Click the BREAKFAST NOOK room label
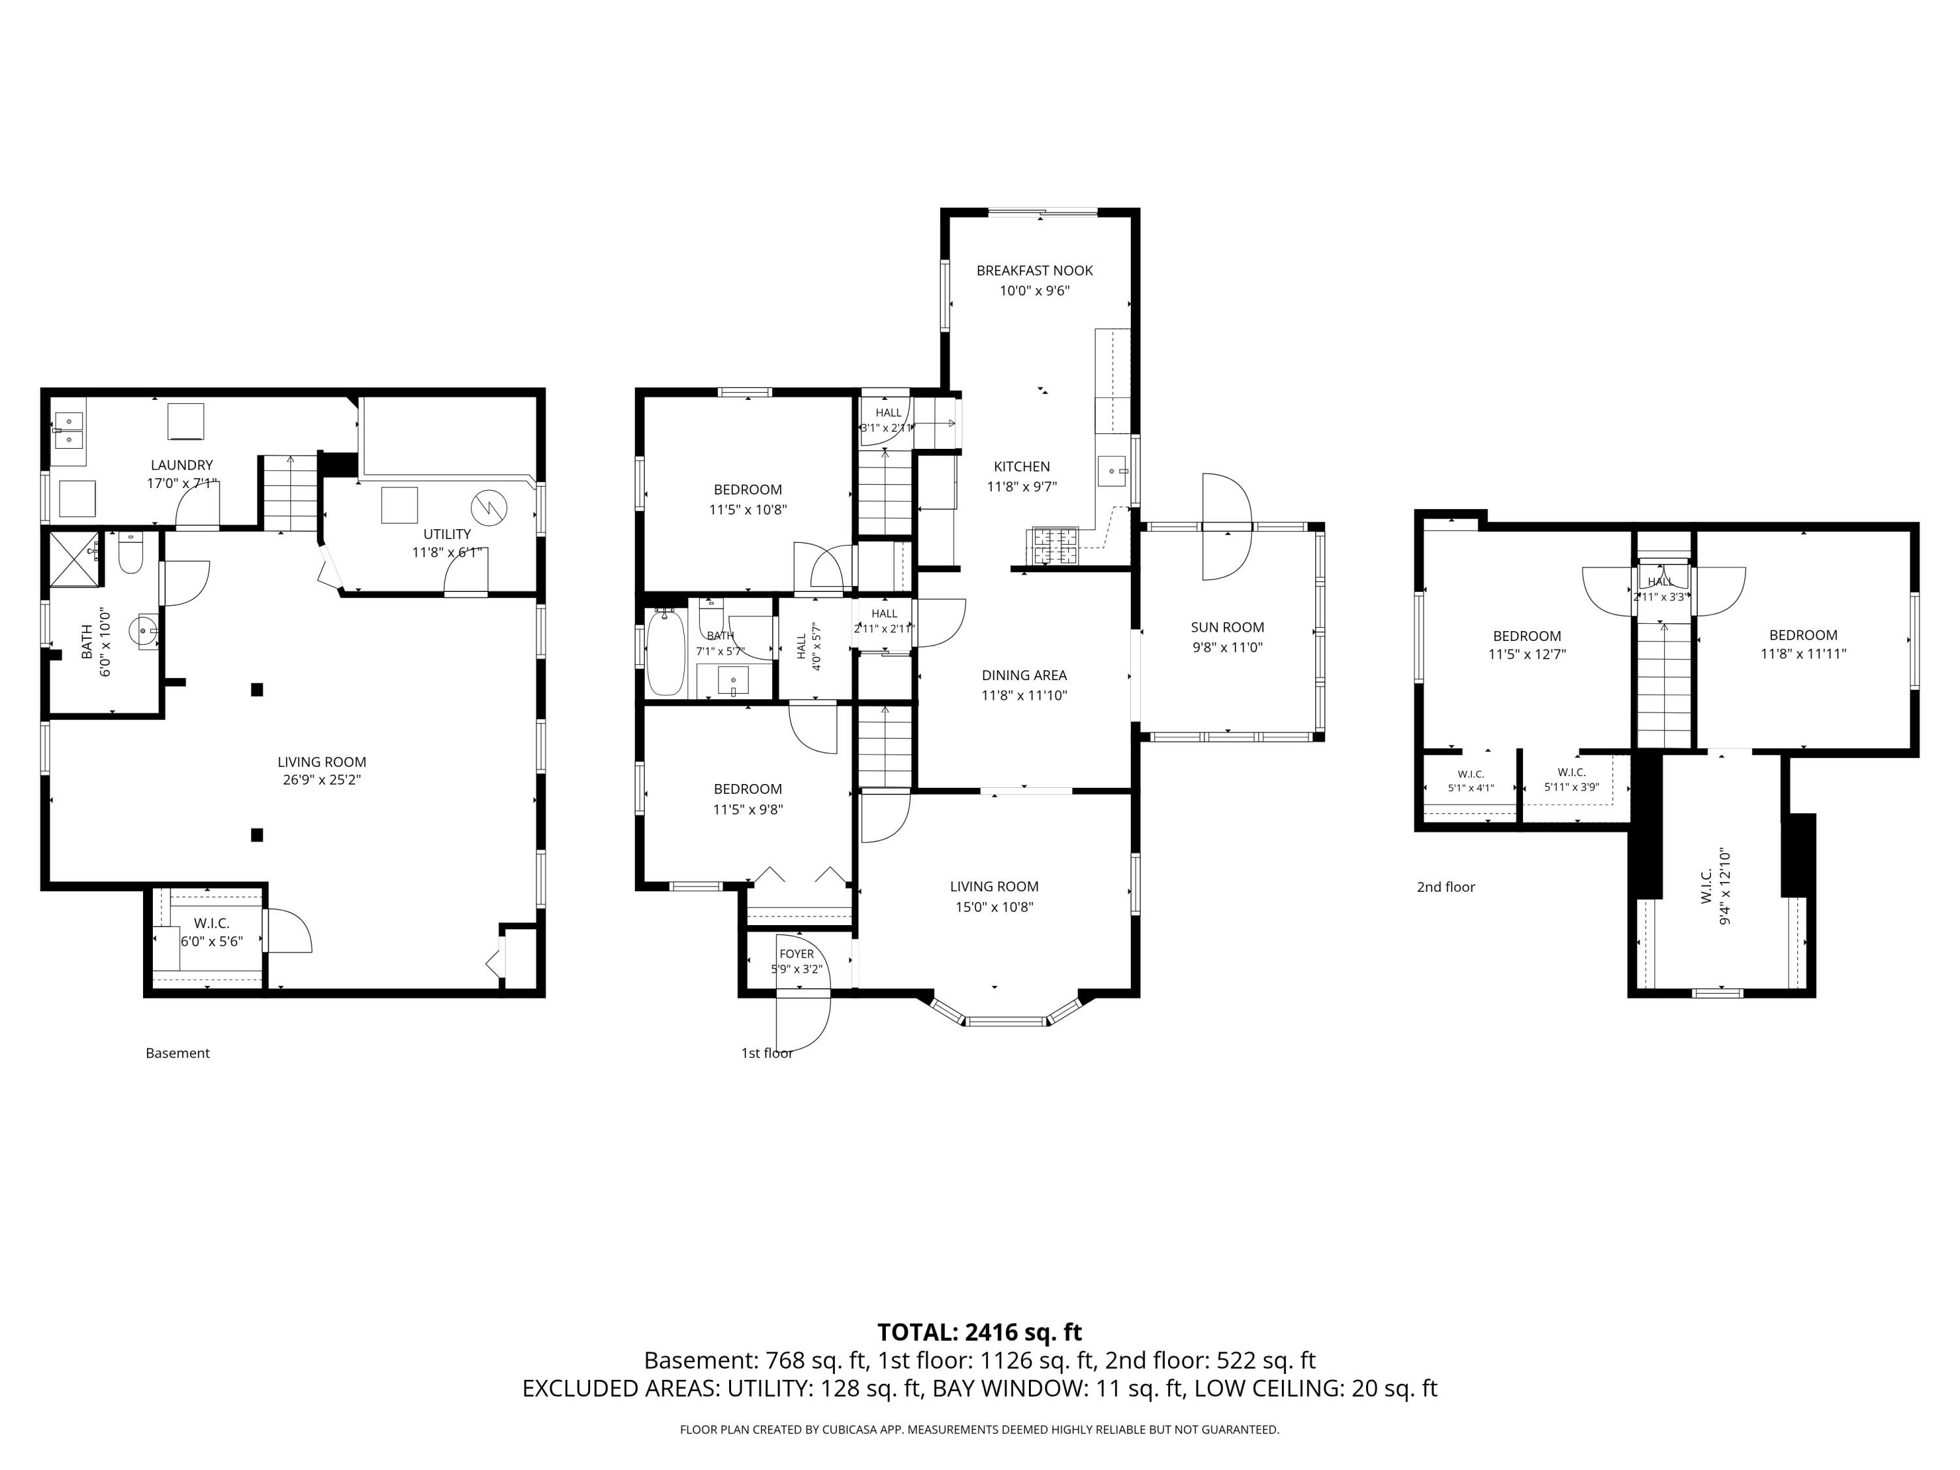pyautogui.click(x=1034, y=270)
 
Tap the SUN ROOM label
pyautogui.click(x=1227, y=627)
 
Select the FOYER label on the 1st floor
pyautogui.click(x=796, y=953)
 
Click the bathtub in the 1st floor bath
pyautogui.click(x=666, y=653)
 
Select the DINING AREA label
pyautogui.click(x=1024, y=675)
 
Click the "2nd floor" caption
pyautogui.click(x=1445, y=887)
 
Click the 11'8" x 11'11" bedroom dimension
pyautogui.click(x=1803, y=654)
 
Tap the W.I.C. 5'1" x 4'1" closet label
pyautogui.click(x=1471, y=781)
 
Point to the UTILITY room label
pyautogui.click(x=447, y=534)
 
